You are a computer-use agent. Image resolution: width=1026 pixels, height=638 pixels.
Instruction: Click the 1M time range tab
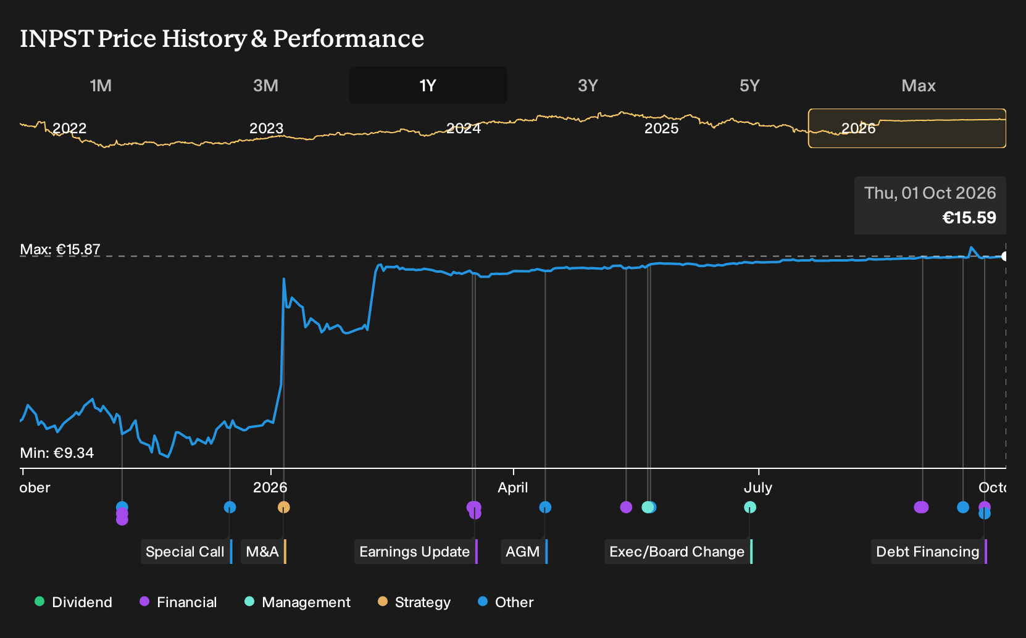click(101, 86)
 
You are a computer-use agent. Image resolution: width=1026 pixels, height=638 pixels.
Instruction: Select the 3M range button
click(265, 86)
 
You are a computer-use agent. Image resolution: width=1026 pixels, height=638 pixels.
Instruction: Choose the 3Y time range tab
click(588, 86)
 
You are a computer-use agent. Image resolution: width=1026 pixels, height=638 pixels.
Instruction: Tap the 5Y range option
click(749, 86)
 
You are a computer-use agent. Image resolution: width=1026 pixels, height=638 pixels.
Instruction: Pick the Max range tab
click(919, 86)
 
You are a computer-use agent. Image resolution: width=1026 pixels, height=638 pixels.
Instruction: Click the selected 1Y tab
click(428, 86)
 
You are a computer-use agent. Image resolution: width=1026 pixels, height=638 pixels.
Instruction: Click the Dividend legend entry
click(73, 602)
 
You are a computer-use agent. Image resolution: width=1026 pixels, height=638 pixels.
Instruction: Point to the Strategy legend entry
click(414, 602)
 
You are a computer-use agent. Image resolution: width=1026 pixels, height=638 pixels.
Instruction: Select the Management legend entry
click(298, 602)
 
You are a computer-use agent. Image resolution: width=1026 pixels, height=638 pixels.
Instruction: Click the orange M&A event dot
click(283, 507)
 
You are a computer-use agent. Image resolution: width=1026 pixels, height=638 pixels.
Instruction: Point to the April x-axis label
click(512, 487)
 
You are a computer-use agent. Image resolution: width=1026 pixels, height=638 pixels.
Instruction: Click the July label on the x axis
click(758, 487)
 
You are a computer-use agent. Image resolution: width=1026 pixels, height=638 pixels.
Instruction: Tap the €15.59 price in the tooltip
click(969, 217)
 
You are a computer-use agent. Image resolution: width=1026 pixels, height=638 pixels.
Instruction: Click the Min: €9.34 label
click(57, 453)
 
